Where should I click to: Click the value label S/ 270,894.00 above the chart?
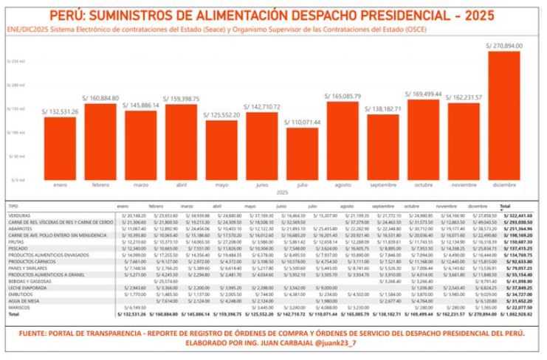click(505, 45)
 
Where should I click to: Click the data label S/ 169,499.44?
click(424, 94)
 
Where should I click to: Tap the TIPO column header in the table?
click(14, 206)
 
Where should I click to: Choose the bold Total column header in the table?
click(506, 206)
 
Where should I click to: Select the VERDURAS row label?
click(18, 215)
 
